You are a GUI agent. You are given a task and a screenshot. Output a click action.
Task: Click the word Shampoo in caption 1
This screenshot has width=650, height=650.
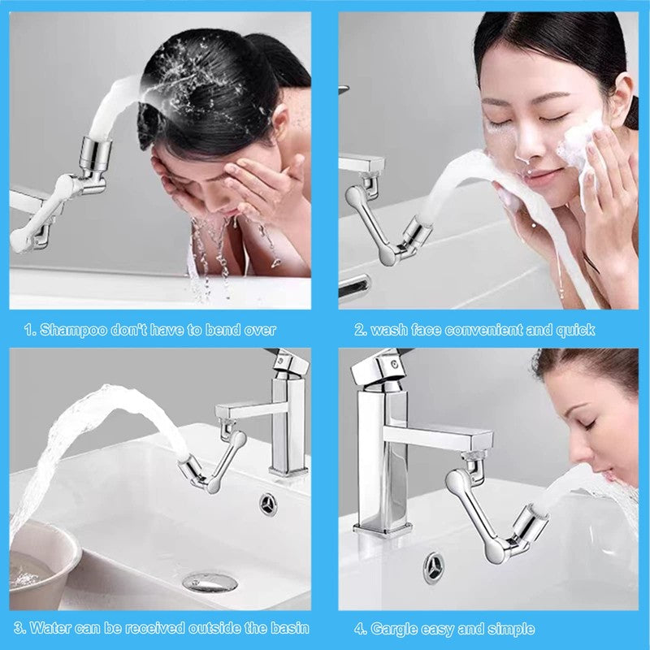[x=67, y=330]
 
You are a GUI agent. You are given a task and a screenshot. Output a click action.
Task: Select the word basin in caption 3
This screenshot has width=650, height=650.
[x=290, y=628]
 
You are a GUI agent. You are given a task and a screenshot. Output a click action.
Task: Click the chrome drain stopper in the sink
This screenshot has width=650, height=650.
[x=210, y=582]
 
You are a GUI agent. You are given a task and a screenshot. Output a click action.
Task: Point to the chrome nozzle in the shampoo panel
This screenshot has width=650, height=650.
[x=95, y=152]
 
